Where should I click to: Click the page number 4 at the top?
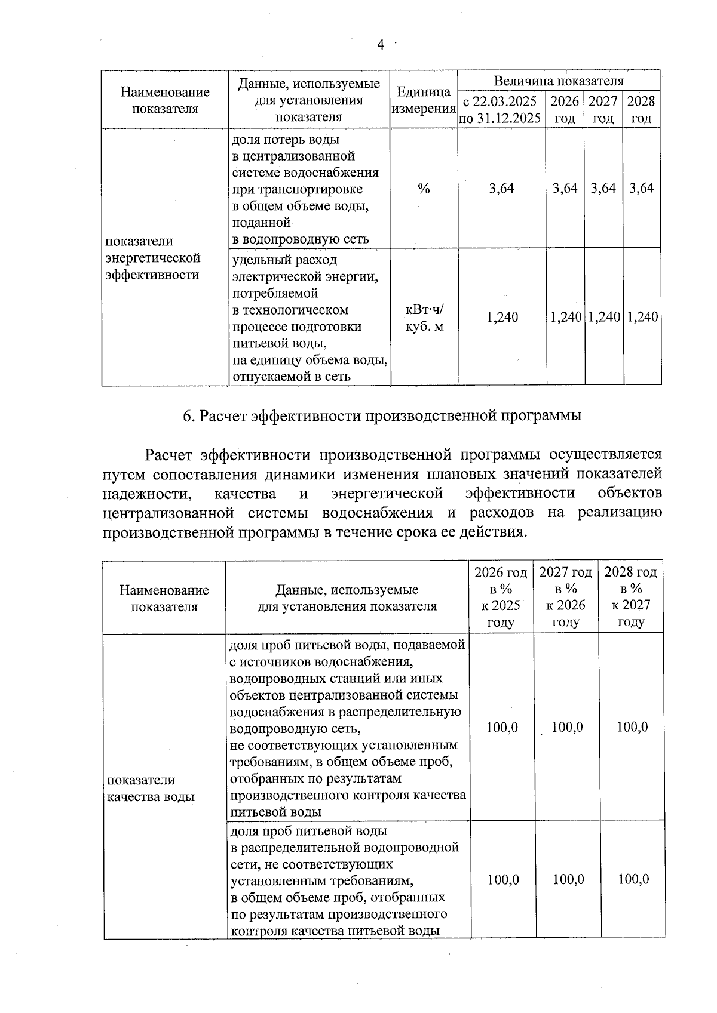380,45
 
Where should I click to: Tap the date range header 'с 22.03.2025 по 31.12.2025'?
501,109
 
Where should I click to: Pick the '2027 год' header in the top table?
602,109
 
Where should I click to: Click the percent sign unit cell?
424,189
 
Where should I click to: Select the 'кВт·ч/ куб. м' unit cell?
424,318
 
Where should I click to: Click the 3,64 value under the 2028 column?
641,189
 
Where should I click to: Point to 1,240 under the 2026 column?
565,317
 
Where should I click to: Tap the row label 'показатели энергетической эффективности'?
153,258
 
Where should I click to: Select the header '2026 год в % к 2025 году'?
501,598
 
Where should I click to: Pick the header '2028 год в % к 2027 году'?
631,598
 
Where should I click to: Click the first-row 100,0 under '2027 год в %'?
566,727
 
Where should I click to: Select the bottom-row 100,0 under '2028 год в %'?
633,879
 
